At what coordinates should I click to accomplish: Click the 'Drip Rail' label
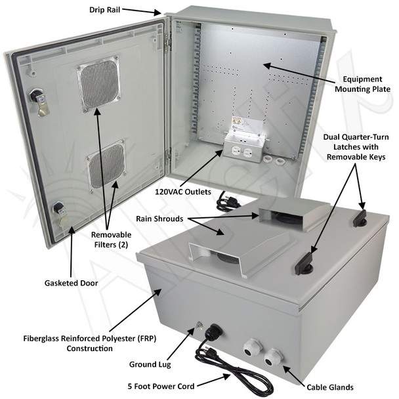point(104,10)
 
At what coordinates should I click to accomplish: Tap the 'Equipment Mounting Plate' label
point(362,84)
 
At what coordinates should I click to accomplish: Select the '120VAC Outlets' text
point(183,192)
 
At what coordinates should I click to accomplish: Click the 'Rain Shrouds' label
point(159,219)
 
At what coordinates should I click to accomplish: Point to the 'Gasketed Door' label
point(71,283)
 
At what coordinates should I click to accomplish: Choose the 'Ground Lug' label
point(150,365)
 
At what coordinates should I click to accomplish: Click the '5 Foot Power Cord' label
point(161,387)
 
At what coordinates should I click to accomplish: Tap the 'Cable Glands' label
point(330,387)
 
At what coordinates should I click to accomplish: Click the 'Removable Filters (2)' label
point(111,240)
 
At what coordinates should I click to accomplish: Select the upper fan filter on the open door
point(99,85)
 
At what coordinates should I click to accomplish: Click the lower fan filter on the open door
point(107,165)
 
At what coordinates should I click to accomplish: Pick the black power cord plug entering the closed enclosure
point(213,332)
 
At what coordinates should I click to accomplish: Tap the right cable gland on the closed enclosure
point(272,358)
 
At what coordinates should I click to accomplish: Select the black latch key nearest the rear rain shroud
point(360,219)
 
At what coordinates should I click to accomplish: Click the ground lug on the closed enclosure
point(199,325)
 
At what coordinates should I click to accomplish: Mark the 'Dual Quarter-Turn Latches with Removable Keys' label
point(356,147)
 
